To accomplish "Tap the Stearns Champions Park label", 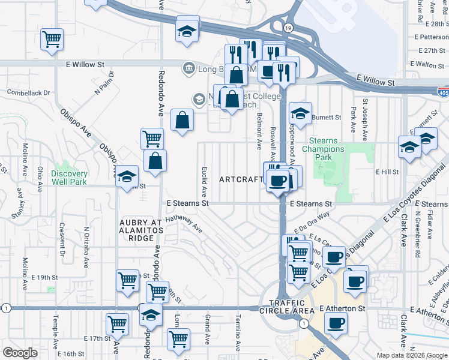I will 323,149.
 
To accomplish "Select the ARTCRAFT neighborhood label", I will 241,179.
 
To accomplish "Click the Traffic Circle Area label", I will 292,307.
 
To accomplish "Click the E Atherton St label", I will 342,308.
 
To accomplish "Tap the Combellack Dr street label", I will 28,93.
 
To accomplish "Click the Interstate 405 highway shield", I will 442,91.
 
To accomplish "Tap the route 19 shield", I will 288,28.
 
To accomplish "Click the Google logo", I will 20,353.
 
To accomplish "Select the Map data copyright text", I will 412,355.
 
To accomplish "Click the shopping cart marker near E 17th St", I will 117,324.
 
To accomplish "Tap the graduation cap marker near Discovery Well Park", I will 127,176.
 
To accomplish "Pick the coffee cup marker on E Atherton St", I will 336,323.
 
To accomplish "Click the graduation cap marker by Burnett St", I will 300,112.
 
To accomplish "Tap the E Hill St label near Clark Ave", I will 387,172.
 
